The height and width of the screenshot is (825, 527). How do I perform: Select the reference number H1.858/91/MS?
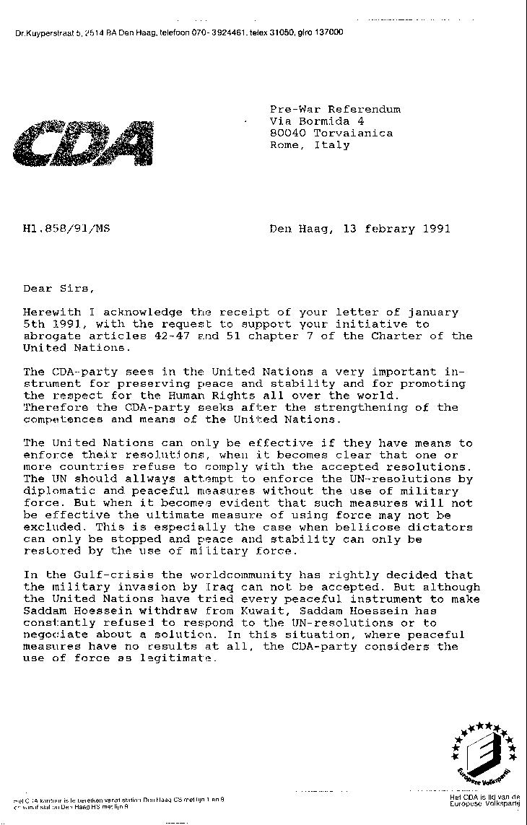point(66,230)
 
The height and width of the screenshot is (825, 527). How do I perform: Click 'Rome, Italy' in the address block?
point(310,144)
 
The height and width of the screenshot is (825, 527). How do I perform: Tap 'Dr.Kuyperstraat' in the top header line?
point(45,33)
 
